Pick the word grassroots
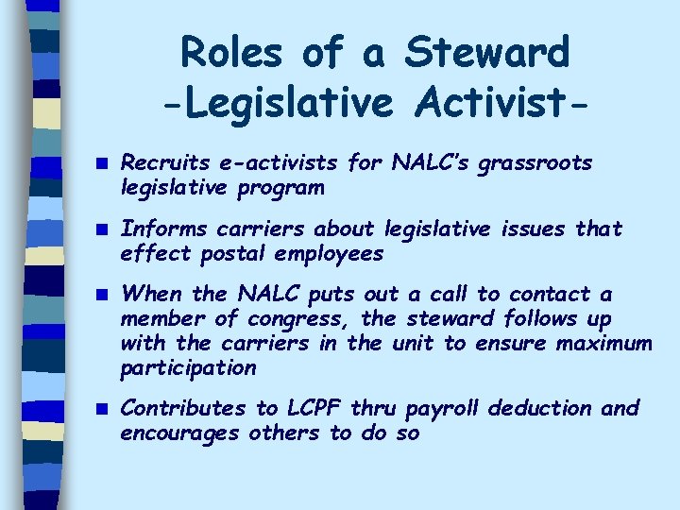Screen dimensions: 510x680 (x=536, y=163)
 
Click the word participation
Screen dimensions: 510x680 (x=189, y=367)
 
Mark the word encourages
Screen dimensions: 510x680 (x=179, y=433)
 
